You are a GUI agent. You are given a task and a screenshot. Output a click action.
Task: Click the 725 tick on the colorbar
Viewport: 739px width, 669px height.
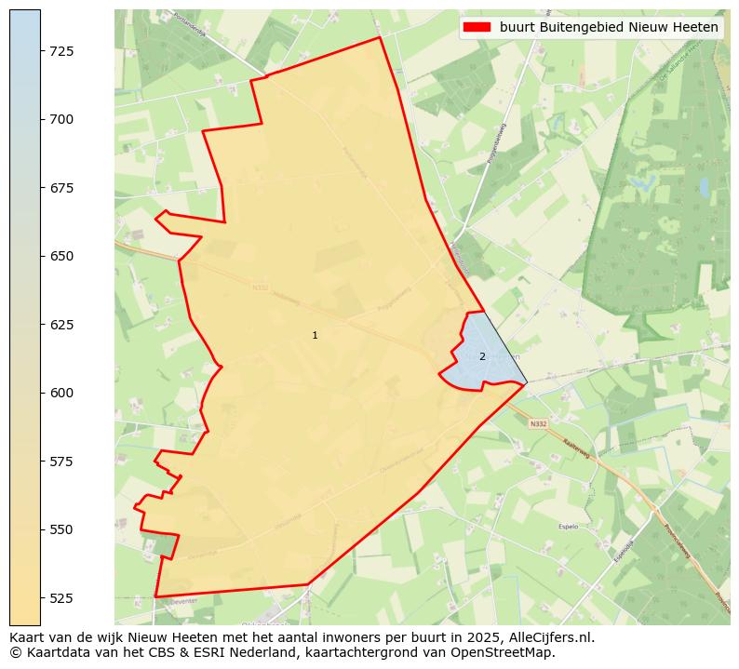(x=61, y=50)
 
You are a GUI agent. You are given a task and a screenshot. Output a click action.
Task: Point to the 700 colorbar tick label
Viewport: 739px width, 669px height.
(x=61, y=119)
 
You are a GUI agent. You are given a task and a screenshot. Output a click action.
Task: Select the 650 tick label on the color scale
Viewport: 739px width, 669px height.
(x=61, y=256)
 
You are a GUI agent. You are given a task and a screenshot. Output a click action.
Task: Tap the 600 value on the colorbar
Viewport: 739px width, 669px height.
(x=61, y=393)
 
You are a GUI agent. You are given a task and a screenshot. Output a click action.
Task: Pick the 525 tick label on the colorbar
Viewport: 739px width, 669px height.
(x=61, y=597)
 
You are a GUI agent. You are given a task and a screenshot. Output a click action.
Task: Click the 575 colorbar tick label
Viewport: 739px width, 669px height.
(x=61, y=462)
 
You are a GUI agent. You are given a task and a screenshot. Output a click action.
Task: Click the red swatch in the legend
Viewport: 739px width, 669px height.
(x=477, y=27)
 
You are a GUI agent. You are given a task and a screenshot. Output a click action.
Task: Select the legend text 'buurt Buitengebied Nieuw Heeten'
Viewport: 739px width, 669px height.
(x=609, y=27)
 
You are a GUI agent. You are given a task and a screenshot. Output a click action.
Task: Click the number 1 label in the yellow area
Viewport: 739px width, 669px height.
(x=315, y=335)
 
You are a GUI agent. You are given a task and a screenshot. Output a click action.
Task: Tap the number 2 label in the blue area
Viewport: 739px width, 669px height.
(x=482, y=356)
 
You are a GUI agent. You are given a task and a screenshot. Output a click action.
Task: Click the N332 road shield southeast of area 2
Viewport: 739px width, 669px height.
(x=538, y=424)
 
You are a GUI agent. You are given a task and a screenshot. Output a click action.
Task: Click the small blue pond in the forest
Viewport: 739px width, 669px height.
(x=704, y=187)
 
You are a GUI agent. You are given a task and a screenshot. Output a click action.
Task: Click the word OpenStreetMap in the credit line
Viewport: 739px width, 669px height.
(x=507, y=652)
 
